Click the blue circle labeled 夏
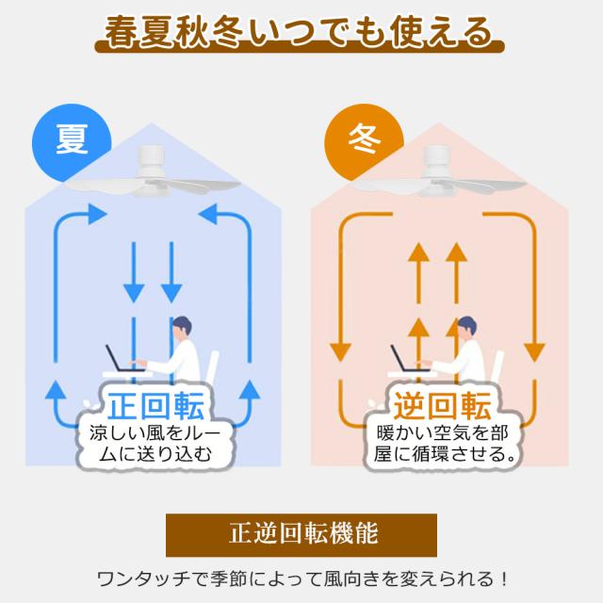coord(72,142)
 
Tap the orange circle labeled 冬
coord(364,142)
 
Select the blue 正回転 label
coord(155,406)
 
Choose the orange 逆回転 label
coord(443,406)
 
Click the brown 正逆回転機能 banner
coord(301,534)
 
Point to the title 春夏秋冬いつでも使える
coord(300,32)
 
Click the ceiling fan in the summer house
coord(153,173)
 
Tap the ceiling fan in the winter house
coord(439,173)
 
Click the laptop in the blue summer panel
coord(123,359)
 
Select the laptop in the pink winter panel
coord(409,359)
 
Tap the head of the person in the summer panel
coord(182,327)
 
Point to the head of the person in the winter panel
coord(466,327)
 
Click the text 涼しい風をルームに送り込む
coord(155,444)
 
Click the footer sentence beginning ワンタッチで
coord(301,579)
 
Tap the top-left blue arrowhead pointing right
coord(97,214)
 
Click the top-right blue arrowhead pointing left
coord(208,214)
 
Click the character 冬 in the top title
coord(227,32)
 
